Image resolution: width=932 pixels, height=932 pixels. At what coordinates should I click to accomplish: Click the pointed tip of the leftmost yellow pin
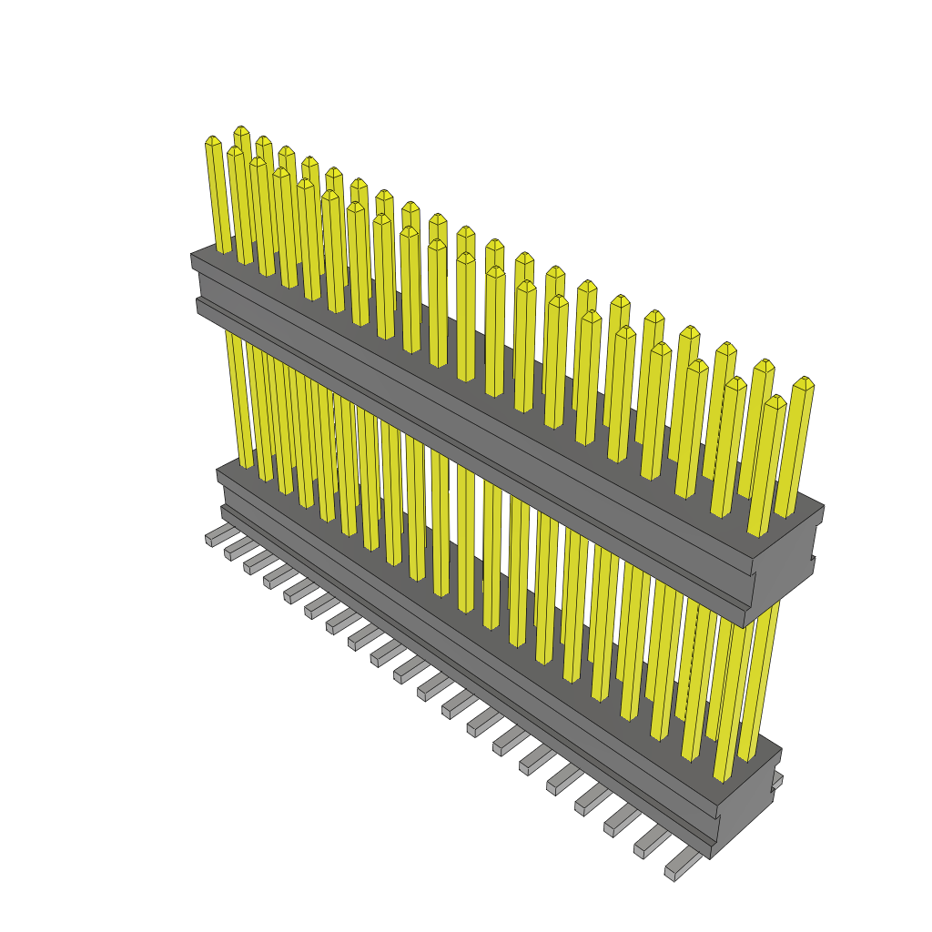point(213,140)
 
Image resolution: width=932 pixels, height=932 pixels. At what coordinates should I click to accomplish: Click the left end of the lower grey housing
point(221,491)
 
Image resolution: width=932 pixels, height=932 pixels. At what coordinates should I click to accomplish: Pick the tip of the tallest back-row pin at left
point(241,130)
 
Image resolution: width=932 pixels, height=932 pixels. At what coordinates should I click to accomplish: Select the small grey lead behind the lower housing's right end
point(777,780)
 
